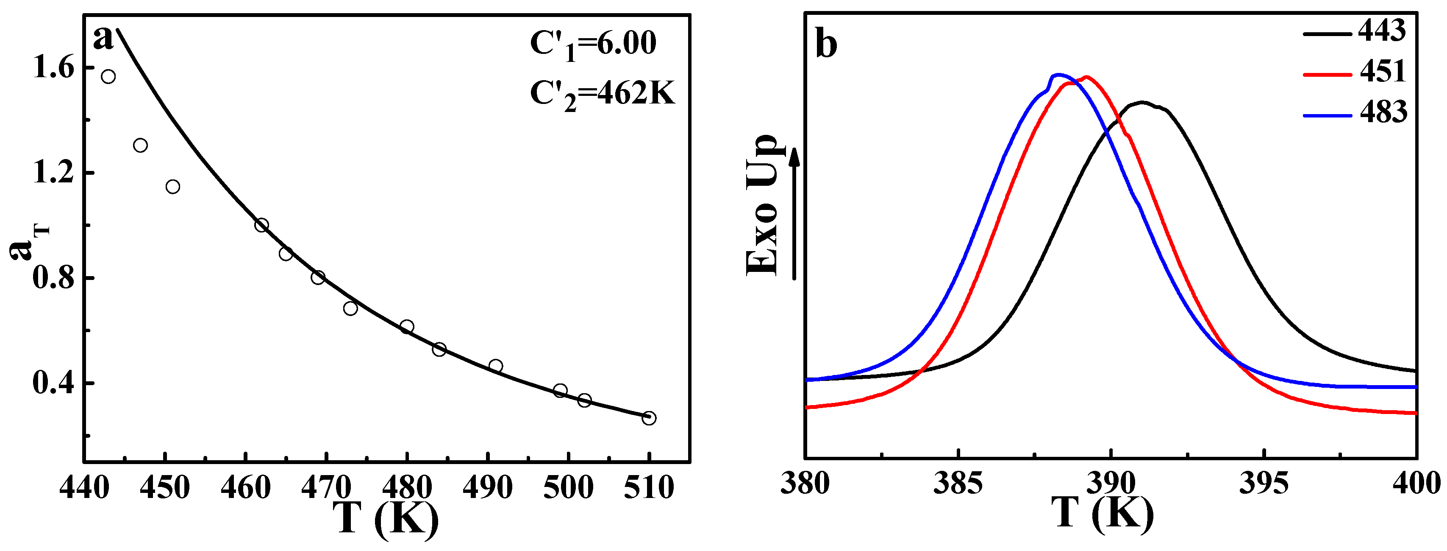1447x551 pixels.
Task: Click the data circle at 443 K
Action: pos(108,76)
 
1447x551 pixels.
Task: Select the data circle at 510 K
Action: pos(649,418)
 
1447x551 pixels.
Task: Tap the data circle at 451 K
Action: pos(173,187)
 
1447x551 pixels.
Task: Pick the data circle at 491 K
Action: pos(495,366)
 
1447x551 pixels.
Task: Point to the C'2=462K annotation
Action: pos(602,94)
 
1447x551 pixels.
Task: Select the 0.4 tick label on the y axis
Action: pos(53,383)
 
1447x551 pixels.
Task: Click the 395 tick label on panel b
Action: pos(1264,484)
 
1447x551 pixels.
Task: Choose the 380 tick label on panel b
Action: pos(805,484)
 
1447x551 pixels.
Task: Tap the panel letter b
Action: pos(826,44)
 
